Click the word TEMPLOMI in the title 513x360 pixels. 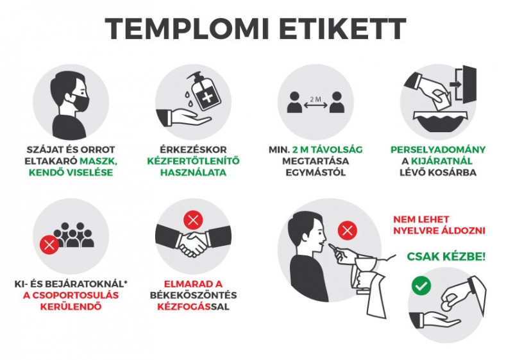(x=187, y=28)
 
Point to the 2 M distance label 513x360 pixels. (x=315, y=99)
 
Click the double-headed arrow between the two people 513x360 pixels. (x=315, y=105)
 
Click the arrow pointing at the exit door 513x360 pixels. (x=455, y=85)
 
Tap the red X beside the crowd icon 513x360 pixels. (x=49, y=244)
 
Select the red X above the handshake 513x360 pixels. (x=194, y=220)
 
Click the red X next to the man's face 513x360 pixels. (x=348, y=231)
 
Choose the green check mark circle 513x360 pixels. (x=421, y=286)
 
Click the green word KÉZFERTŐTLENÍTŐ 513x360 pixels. (x=194, y=161)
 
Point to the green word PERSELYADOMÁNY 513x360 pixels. (x=438, y=150)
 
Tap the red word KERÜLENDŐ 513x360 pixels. (x=71, y=307)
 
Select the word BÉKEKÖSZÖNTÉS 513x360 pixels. (x=194, y=295)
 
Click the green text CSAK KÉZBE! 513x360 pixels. (x=446, y=257)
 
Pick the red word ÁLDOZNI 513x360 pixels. (x=463, y=230)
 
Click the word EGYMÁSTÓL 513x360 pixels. (x=315, y=173)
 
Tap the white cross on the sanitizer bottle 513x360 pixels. (x=206, y=97)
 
